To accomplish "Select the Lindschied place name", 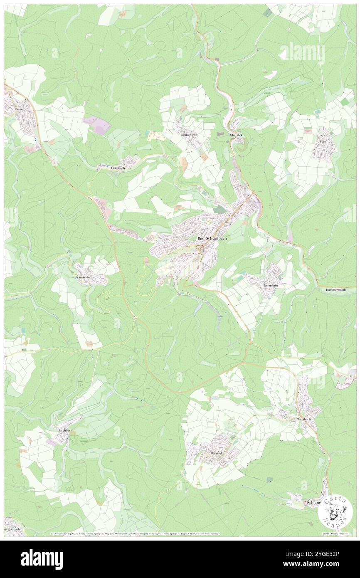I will [188, 135].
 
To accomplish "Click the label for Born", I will [323, 141].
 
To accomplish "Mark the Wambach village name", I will [304, 419].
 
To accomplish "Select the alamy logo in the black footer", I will [42, 559].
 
